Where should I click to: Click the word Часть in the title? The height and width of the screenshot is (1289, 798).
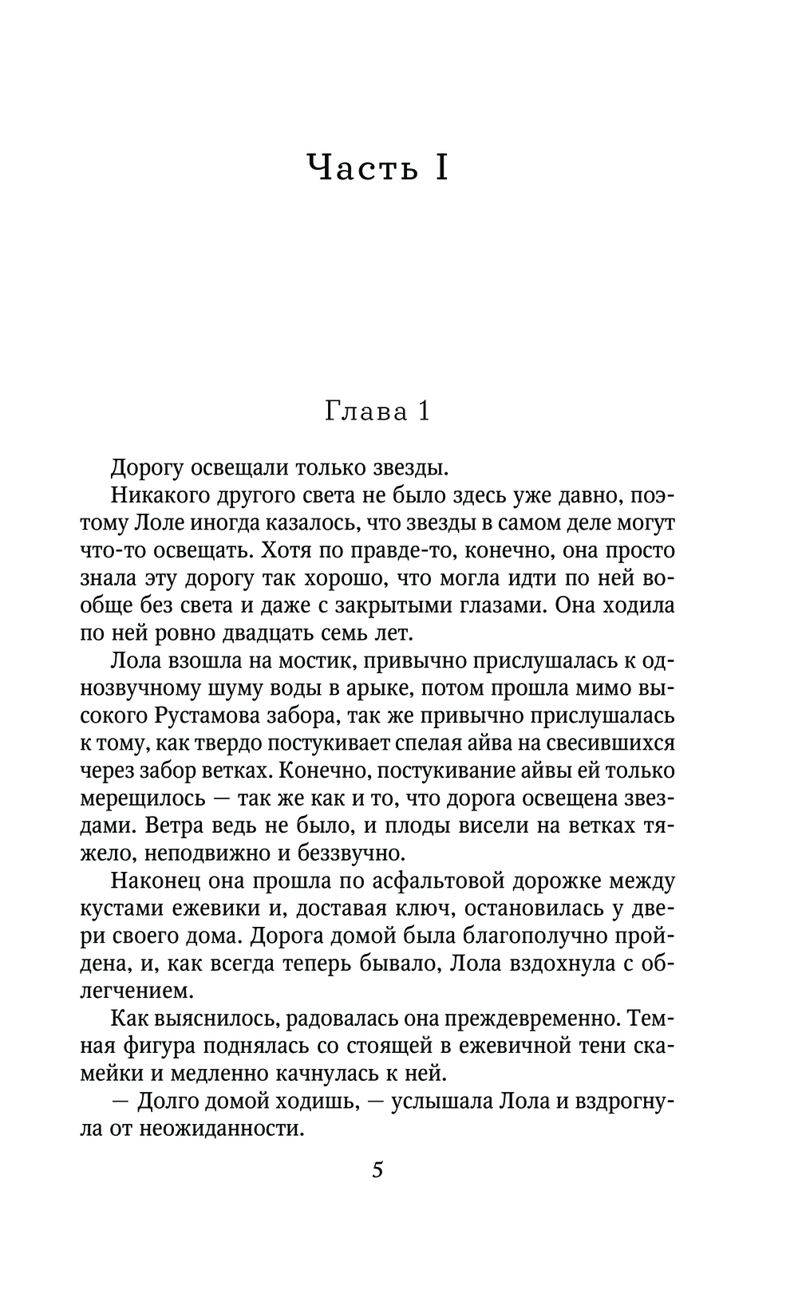(x=363, y=168)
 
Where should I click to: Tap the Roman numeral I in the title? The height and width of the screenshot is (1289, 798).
(x=440, y=168)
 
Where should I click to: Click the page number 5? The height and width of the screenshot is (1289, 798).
(x=377, y=1170)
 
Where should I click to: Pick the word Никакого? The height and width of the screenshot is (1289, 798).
(x=158, y=495)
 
